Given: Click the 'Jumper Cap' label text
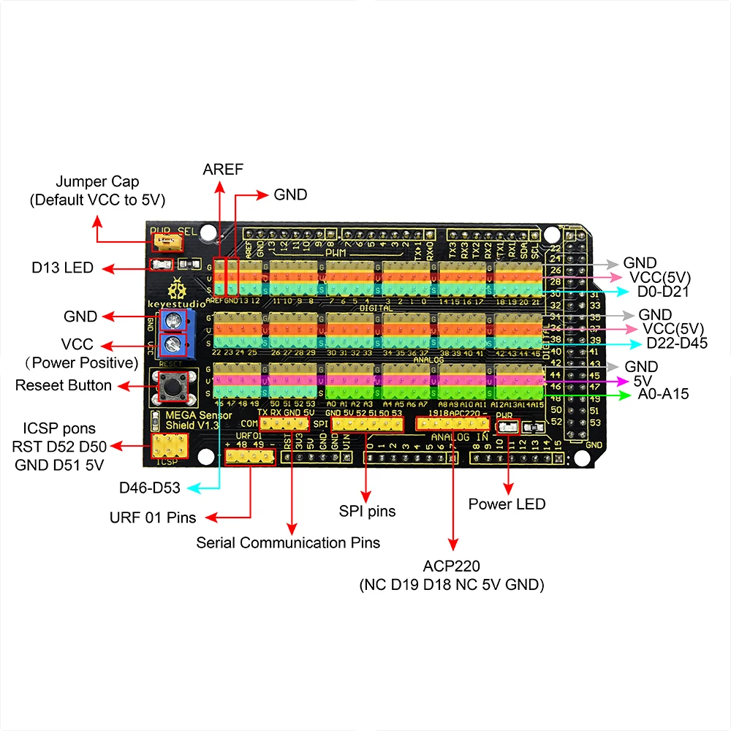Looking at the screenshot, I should point(98,181).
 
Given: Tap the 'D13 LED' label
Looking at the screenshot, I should point(63,268).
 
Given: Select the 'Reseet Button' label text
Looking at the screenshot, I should point(64,385).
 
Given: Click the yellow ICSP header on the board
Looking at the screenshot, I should point(169,444).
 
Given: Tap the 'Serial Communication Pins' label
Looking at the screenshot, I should point(288,542).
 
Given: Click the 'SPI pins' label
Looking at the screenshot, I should point(366,511).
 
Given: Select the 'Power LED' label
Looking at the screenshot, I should point(507,504).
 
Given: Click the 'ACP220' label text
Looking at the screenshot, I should point(452,567).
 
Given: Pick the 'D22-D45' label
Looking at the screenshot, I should point(677,343).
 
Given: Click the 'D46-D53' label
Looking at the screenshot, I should point(150,486).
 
